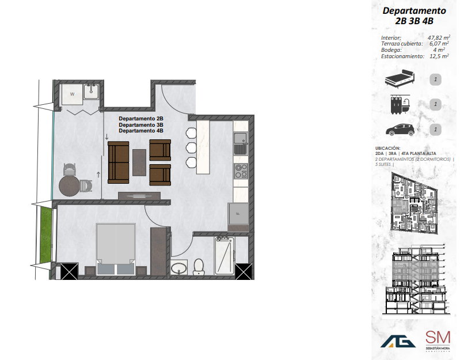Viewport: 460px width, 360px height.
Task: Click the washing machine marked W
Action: (x=73, y=93)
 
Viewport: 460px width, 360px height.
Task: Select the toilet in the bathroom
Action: (x=199, y=267)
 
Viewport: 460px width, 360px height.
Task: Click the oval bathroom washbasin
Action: (x=180, y=268)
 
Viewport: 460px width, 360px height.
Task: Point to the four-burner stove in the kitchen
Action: (x=241, y=171)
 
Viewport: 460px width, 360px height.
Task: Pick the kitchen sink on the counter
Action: (x=240, y=138)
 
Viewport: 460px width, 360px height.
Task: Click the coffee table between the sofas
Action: (x=139, y=162)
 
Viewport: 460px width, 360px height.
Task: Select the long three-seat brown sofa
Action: (x=119, y=162)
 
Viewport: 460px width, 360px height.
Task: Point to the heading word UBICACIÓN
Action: (x=387, y=148)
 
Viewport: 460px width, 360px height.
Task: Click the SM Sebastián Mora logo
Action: (x=438, y=340)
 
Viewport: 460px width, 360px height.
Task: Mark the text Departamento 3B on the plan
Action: (x=141, y=125)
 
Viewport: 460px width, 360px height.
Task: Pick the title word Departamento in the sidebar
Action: (x=415, y=11)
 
